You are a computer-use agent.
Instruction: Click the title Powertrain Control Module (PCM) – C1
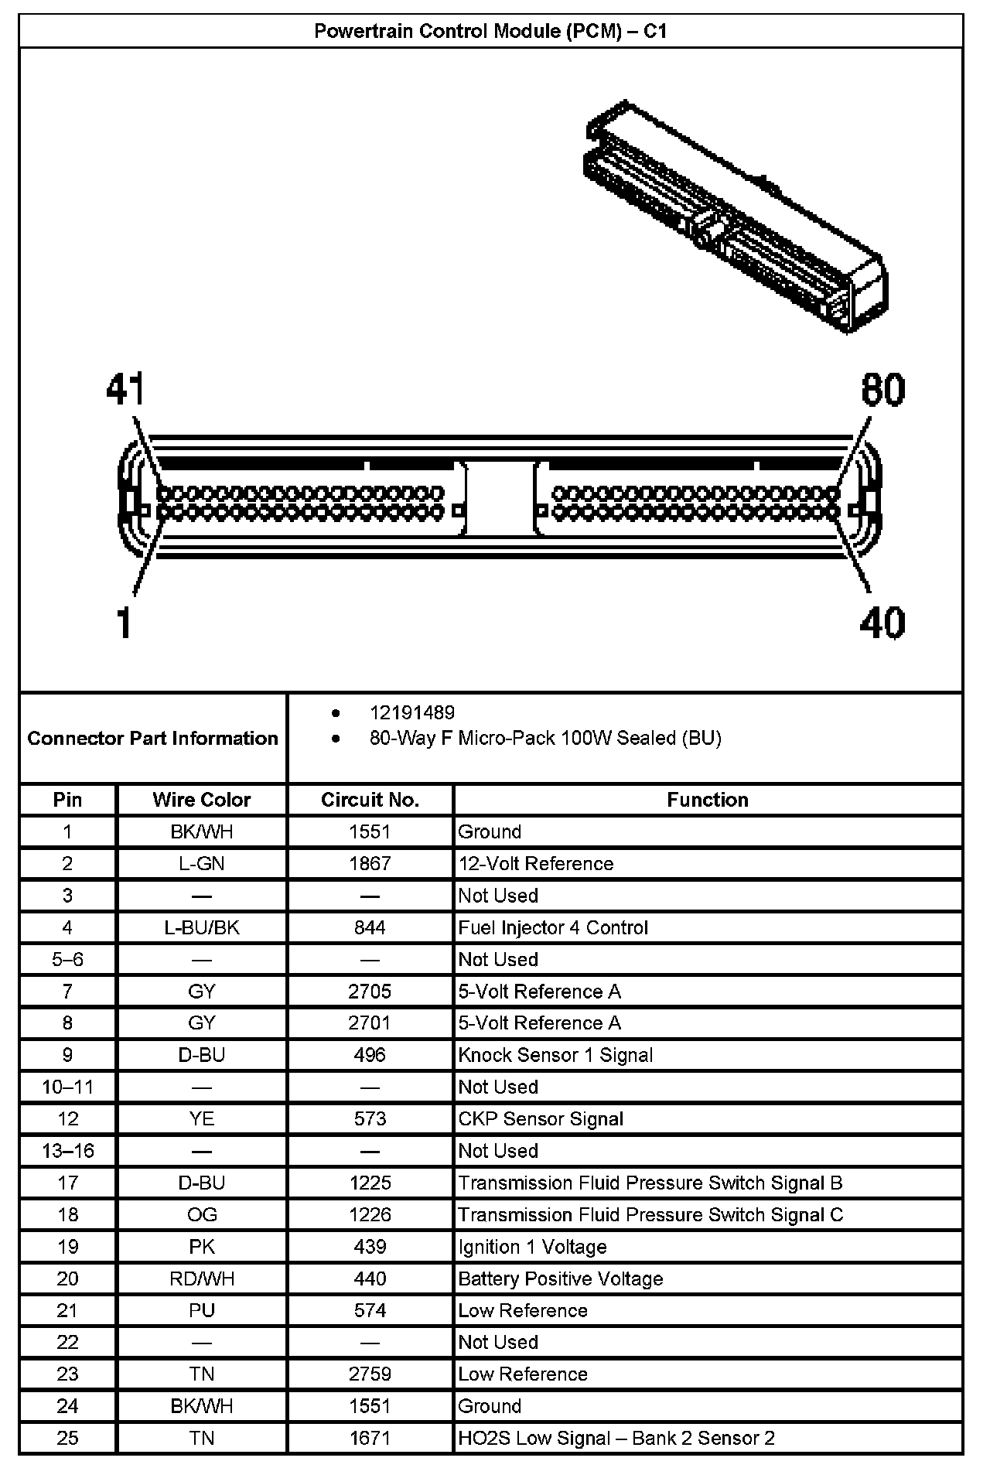[490, 31]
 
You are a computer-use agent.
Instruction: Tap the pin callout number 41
[126, 389]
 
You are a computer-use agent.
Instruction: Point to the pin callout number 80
[882, 389]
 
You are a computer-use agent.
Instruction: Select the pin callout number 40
[882, 623]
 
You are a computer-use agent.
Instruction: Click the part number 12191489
[412, 712]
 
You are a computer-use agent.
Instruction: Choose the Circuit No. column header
[370, 800]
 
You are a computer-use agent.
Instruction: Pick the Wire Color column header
[201, 800]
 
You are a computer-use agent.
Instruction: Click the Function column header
[707, 800]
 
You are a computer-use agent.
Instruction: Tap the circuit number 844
[370, 927]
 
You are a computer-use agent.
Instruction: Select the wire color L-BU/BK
[202, 927]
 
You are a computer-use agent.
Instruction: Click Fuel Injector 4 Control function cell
[553, 927]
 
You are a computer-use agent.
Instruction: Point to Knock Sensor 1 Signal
[555, 1055]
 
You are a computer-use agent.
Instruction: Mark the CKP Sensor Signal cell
[541, 1118]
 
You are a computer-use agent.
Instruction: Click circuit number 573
[370, 1118]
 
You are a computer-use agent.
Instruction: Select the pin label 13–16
[68, 1151]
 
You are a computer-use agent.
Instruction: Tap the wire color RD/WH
[202, 1279]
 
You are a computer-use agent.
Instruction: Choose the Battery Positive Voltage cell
[561, 1279]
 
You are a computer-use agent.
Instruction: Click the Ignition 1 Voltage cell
[532, 1247]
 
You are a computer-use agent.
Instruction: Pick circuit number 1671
[370, 1438]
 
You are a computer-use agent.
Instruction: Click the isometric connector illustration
[735, 217]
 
